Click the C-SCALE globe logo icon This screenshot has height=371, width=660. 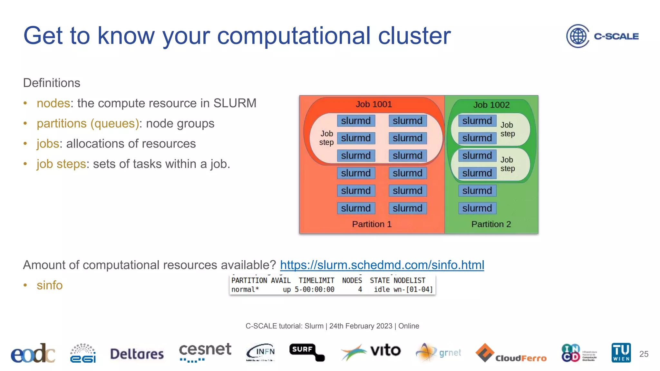(x=577, y=36)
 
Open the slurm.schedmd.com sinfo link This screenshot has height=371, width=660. (x=382, y=265)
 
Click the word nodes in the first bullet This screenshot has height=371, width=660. (x=53, y=103)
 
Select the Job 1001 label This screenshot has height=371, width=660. (x=374, y=104)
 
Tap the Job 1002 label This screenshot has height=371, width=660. (x=491, y=105)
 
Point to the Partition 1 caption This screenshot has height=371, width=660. (x=372, y=224)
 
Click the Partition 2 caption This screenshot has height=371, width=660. (x=491, y=224)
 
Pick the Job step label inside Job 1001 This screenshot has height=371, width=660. (x=326, y=138)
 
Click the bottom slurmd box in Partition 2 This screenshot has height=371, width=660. (x=477, y=208)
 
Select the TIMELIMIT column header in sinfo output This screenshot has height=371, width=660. (x=316, y=281)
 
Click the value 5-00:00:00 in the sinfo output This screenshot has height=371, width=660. (x=314, y=290)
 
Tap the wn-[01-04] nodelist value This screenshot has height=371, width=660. (x=413, y=290)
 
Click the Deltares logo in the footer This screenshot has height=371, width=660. (x=137, y=354)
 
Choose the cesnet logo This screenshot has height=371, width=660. (x=205, y=352)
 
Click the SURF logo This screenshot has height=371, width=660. (x=306, y=352)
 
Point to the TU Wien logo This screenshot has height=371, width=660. (x=621, y=353)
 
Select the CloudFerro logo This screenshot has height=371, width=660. (x=511, y=353)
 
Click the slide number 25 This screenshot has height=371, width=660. (x=644, y=354)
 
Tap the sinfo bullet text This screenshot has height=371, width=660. (x=50, y=285)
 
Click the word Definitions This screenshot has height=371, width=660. (x=52, y=83)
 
